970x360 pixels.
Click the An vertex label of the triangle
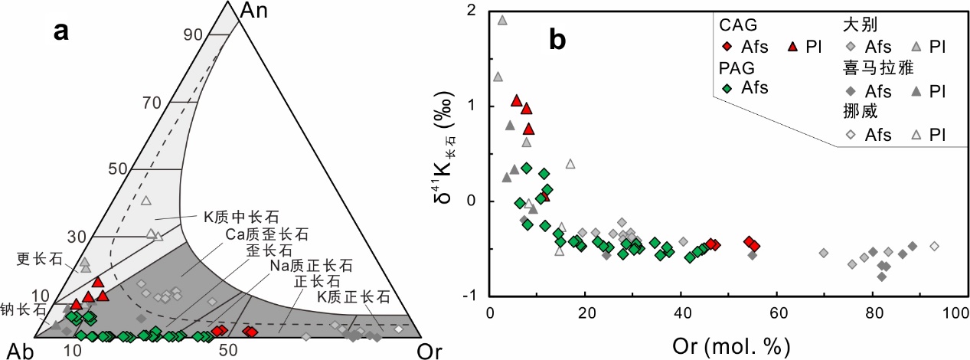[x=253, y=11]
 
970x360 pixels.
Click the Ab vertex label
[x=21, y=352]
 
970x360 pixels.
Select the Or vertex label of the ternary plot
[x=429, y=352]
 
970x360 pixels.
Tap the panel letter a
[x=60, y=31]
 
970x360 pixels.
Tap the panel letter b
[x=557, y=40]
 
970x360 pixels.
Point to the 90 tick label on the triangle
[x=193, y=34]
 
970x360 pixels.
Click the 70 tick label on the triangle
[x=152, y=103]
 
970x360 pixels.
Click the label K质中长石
[x=242, y=217]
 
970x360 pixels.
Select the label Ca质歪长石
[x=266, y=234]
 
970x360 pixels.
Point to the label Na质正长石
[x=312, y=265]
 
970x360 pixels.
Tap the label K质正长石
[x=354, y=296]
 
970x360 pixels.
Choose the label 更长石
[x=40, y=259]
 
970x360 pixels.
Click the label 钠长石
[x=23, y=309]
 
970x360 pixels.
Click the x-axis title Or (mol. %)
[x=731, y=347]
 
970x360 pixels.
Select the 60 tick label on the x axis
[x=778, y=313]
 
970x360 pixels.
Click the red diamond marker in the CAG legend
[x=727, y=47]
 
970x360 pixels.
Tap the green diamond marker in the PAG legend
[x=727, y=88]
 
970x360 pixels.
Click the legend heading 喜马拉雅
[x=878, y=67]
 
